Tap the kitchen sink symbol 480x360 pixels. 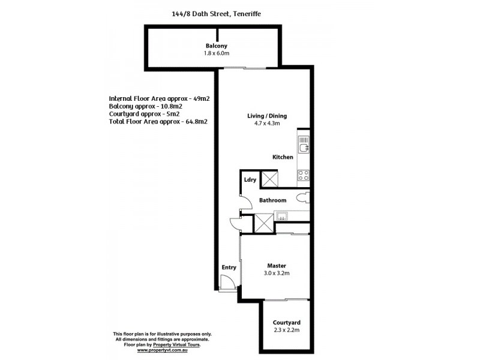tap(304, 145)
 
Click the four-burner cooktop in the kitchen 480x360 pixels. tap(303, 175)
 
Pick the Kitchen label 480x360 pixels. tap(283, 157)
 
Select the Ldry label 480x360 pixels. tap(250, 179)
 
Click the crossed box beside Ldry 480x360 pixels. tap(269, 179)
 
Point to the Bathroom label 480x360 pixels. tap(272, 200)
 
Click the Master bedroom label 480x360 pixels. tap(276, 265)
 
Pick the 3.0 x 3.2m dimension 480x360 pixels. tap(276, 273)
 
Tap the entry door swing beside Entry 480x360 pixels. tap(227, 283)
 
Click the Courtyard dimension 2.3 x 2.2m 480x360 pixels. tap(286, 331)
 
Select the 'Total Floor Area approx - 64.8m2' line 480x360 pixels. tap(158, 121)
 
